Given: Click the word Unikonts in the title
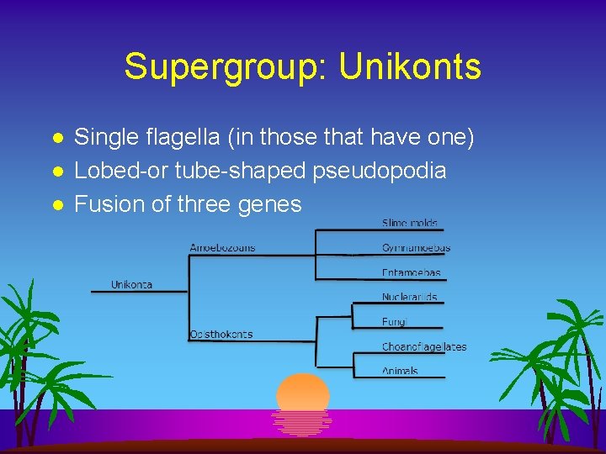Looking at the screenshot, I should point(410,66).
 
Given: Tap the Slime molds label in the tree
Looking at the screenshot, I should point(410,224).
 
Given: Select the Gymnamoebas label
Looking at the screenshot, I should point(416,248).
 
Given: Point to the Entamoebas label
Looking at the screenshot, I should point(411,273).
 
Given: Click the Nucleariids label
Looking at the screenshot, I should point(409,297).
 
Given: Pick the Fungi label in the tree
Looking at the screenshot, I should point(394,321).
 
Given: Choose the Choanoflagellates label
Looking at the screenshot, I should point(423,346).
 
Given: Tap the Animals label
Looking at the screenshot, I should point(400,371).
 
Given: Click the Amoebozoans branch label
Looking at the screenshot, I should point(222,247).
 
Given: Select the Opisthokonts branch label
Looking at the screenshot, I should point(221,334).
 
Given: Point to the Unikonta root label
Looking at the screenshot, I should point(131,284).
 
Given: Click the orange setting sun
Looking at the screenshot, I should point(302,393).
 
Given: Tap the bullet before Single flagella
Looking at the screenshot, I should point(57,138).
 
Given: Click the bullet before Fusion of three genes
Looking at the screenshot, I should point(57,204).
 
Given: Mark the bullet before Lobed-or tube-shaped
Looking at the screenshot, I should point(57,171).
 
